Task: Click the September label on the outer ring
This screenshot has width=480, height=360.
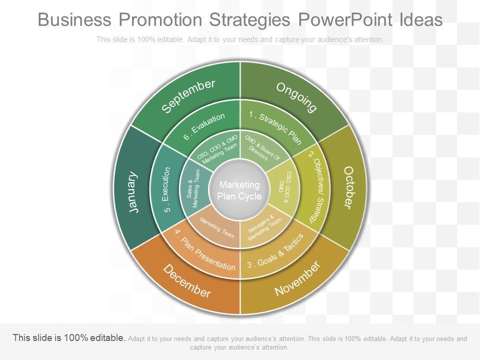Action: click(x=189, y=96)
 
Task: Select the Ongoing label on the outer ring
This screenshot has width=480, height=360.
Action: click(x=297, y=97)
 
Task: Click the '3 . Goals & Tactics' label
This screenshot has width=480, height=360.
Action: click(x=275, y=253)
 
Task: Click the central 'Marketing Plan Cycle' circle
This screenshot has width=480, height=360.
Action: click(x=239, y=190)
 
